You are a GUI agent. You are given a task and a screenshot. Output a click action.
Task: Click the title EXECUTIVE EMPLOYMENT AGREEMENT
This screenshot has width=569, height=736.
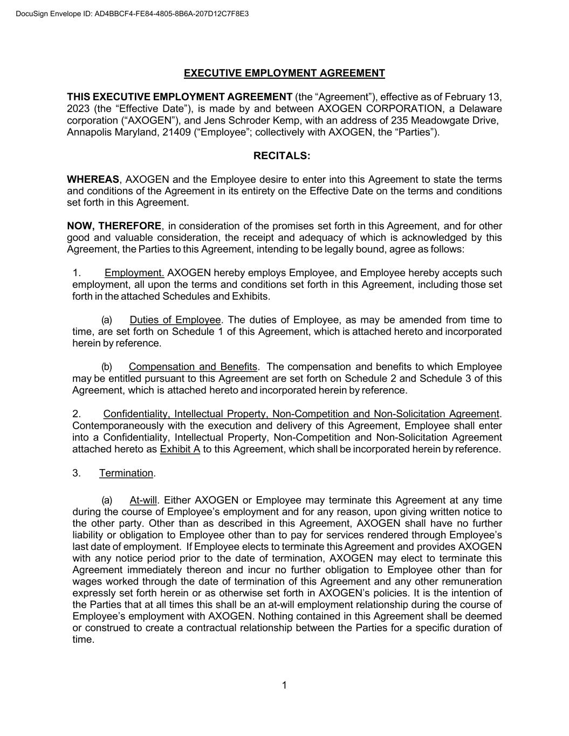tap(284, 73)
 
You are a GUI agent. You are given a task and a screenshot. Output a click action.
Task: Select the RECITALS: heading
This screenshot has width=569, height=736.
tap(282, 156)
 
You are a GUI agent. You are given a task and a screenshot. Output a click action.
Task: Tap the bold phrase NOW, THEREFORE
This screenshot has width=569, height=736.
tap(114, 226)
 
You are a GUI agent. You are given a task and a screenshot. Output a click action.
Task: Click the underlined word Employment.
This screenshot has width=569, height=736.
tap(134, 273)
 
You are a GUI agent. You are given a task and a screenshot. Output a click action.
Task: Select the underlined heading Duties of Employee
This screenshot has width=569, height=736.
tap(175, 320)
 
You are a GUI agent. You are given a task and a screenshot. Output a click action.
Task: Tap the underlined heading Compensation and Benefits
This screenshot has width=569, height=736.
tap(193, 367)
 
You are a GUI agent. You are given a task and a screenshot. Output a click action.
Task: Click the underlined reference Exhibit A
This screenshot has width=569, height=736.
tap(180, 449)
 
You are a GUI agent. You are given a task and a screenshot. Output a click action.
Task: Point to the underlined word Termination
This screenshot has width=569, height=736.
tap(126, 473)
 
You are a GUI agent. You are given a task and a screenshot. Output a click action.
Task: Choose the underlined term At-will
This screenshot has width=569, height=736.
tap(143, 500)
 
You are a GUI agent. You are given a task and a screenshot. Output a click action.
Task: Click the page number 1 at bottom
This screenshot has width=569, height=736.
tap(284, 685)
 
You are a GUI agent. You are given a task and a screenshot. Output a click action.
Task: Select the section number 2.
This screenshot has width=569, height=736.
tap(77, 414)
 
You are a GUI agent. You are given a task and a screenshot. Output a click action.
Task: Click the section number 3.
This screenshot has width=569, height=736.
tap(77, 473)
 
